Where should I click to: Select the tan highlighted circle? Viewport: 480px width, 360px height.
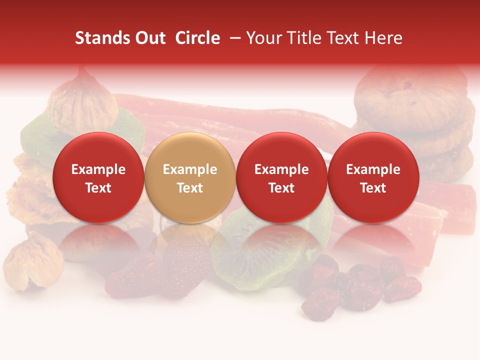[x=190, y=177]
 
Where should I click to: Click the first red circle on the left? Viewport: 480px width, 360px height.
[x=98, y=177]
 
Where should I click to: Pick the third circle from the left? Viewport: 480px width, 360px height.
[x=281, y=177]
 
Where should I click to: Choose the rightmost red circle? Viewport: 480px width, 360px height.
[x=373, y=177]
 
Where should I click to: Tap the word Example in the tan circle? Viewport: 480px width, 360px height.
[x=190, y=169]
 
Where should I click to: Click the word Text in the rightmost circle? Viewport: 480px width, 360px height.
[x=373, y=188]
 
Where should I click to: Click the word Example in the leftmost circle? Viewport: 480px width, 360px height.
[x=98, y=169]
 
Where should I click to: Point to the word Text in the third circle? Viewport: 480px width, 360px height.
[x=281, y=188]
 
